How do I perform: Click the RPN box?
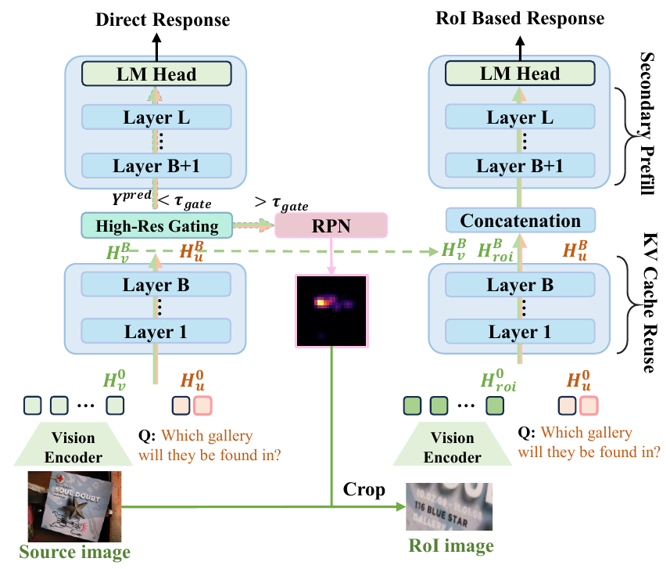coord(331,225)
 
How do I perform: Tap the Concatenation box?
coord(521,220)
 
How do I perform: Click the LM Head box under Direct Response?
coord(157,74)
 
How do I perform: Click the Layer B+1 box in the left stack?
coord(157,166)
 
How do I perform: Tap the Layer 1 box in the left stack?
coord(157,332)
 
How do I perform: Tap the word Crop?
coord(363,490)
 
